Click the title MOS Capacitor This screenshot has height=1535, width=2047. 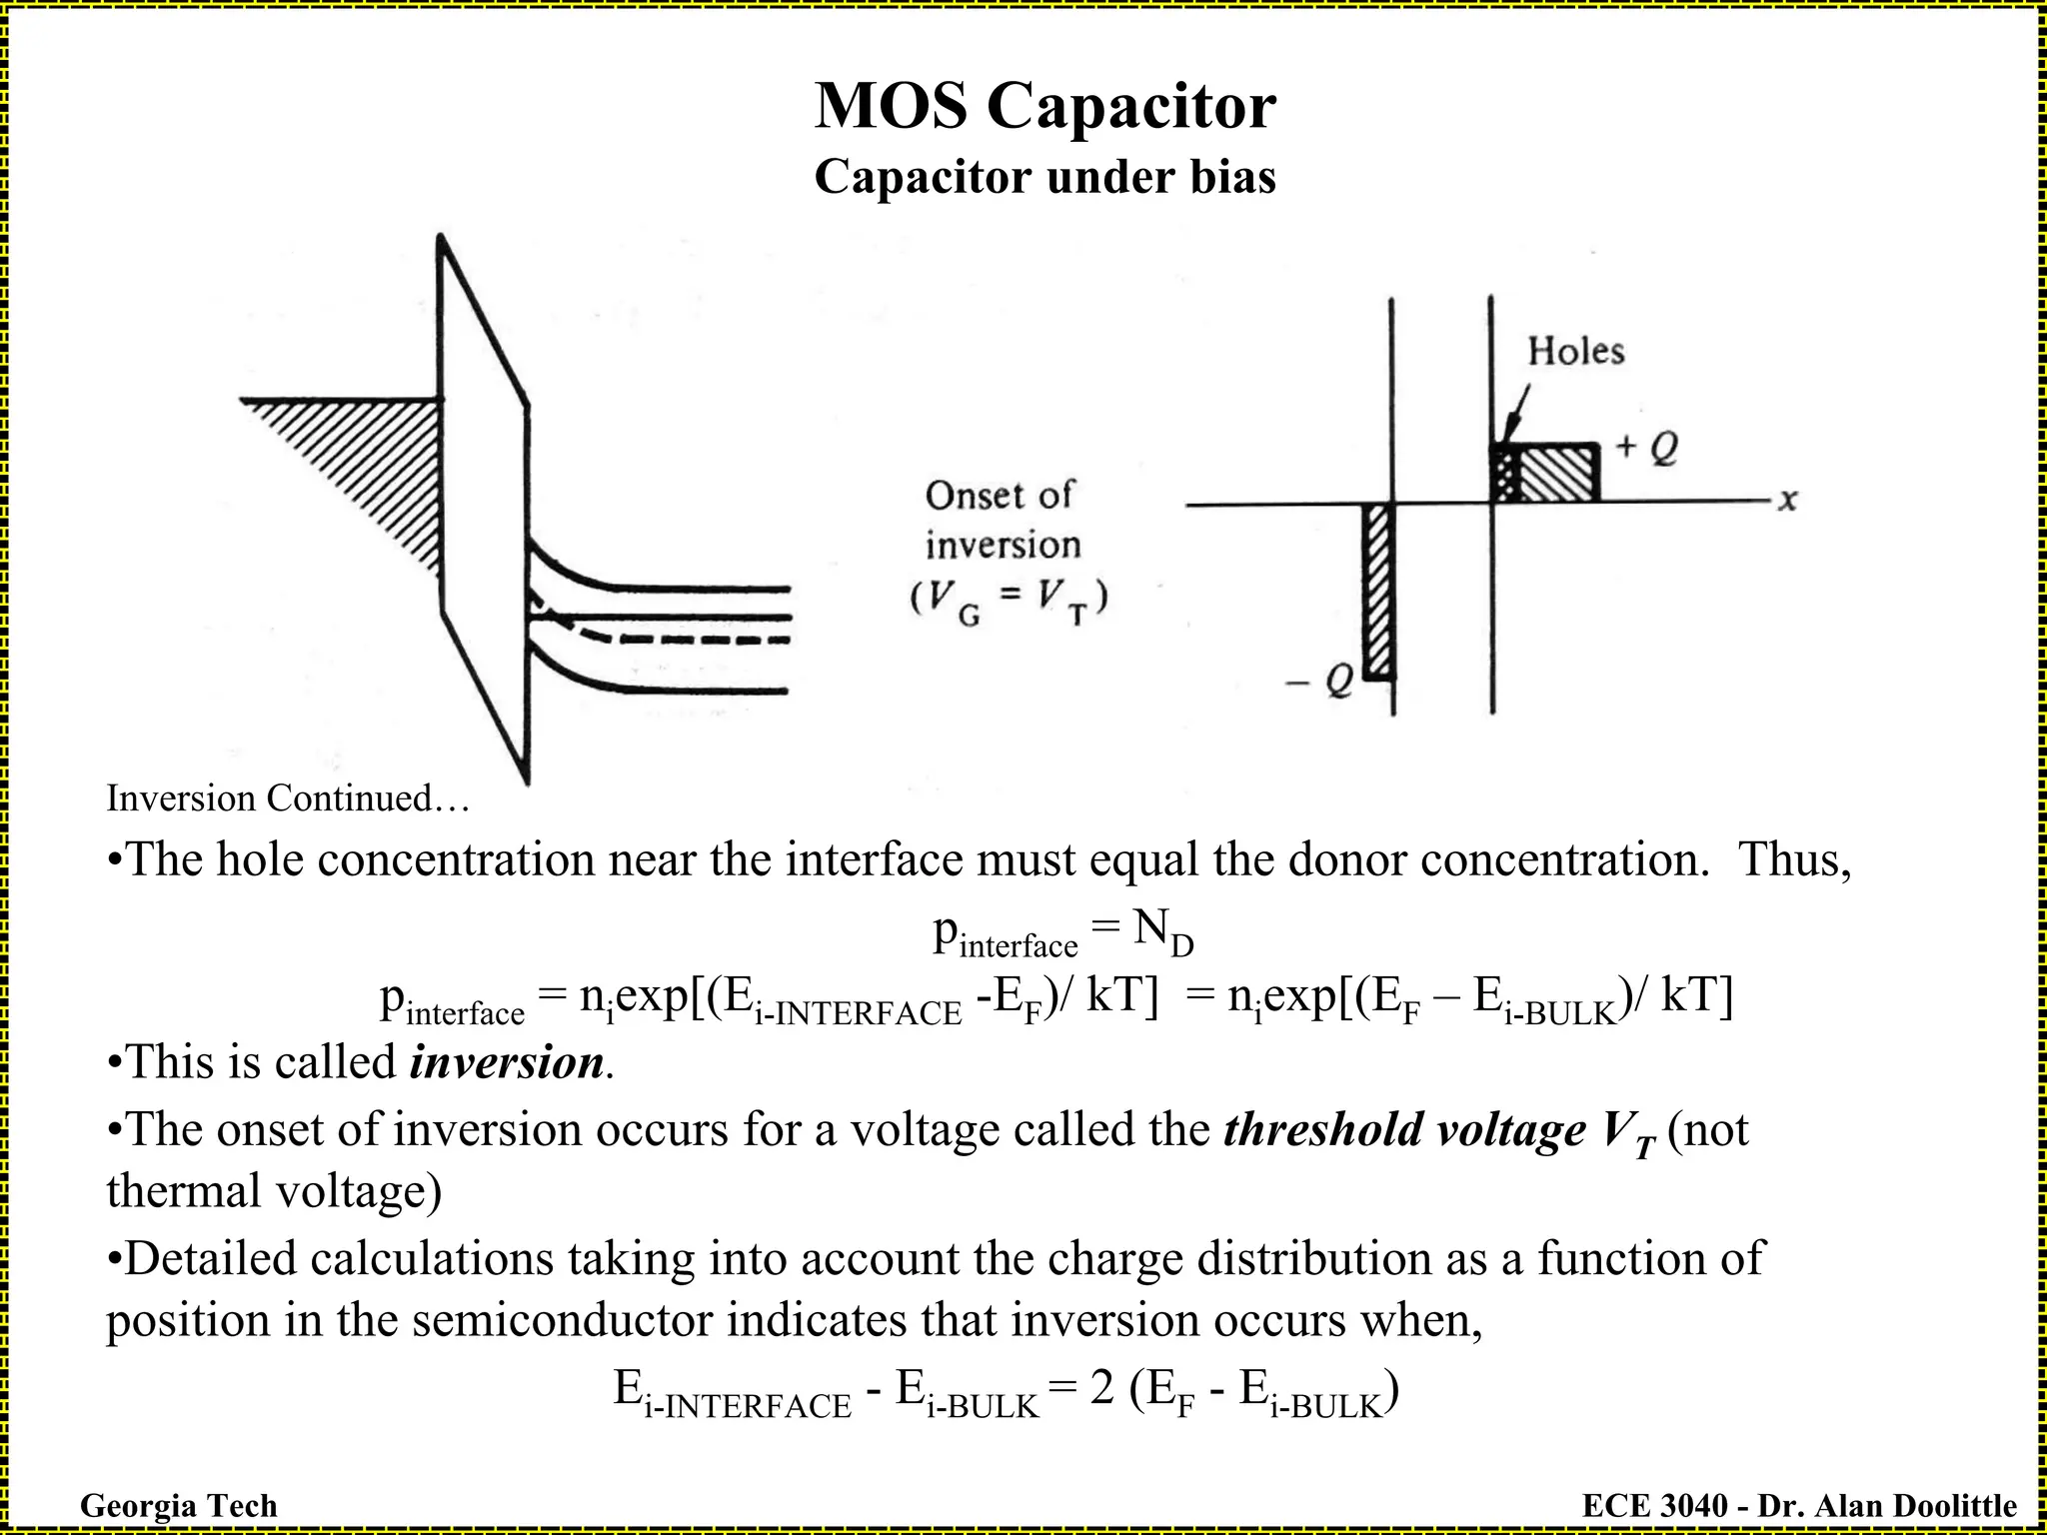(1044, 106)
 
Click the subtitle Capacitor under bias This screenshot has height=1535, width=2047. (1044, 178)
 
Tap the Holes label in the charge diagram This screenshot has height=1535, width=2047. (1575, 352)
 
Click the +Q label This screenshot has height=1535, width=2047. (1646, 449)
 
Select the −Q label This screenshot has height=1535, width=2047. (1319, 683)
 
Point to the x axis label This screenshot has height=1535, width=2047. (1787, 501)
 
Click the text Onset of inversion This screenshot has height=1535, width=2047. (1003, 520)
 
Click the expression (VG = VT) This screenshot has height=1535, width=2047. (1008, 601)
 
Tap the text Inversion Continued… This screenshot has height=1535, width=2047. (288, 798)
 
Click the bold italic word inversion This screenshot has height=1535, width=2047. (506, 1062)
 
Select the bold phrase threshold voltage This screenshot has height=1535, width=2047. (1404, 1130)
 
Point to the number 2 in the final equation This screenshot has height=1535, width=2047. (1102, 1388)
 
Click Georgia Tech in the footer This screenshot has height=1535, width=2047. (178, 1505)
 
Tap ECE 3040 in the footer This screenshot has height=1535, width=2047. (1654, 1505)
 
